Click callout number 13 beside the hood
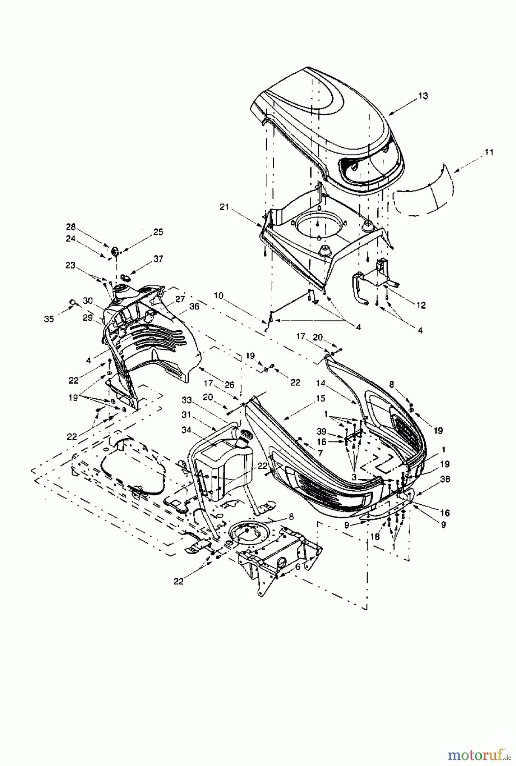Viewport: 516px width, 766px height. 423,96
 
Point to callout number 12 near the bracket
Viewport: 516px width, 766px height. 421,305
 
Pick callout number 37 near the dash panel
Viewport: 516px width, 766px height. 158,259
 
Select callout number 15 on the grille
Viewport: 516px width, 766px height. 320,399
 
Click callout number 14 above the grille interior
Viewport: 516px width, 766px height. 333,383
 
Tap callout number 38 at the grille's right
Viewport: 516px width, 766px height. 445,479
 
